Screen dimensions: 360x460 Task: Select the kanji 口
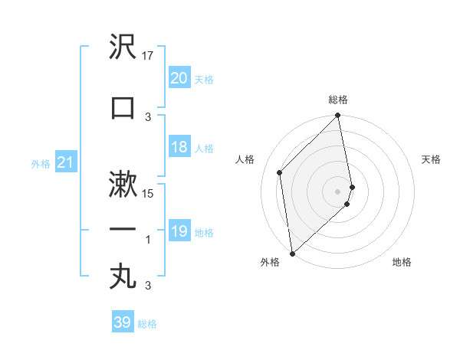click(x=123, y=107)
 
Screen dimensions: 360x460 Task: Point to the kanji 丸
click(x=123, y=276)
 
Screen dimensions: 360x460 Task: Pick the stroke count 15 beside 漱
click(x=149, y=193)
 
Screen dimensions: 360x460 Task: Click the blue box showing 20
click(x=179, y=78)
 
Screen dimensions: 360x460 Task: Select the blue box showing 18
click(x=179, y=148)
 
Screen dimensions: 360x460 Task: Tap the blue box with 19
click(x=179, y=232)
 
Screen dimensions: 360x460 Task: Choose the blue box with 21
click(x=65, y=163)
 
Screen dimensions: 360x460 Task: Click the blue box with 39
click(x=123, y=322)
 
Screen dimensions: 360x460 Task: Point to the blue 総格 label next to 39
click(x=147, y=324)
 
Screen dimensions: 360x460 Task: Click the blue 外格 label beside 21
click(x=40, y=164)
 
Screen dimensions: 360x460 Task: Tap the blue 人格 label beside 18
click(x=204, y=149)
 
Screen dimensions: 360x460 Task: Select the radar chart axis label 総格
click(x=338, y=100)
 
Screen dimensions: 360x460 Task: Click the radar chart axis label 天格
click(x=432, y=159)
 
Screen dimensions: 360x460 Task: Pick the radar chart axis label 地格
click(x=402, y=263)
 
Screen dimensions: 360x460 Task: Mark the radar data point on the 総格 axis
click(x=338, y=116)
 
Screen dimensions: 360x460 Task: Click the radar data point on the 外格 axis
click(x=292, y=253)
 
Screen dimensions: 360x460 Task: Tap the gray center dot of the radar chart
click(x=338, y=191)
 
